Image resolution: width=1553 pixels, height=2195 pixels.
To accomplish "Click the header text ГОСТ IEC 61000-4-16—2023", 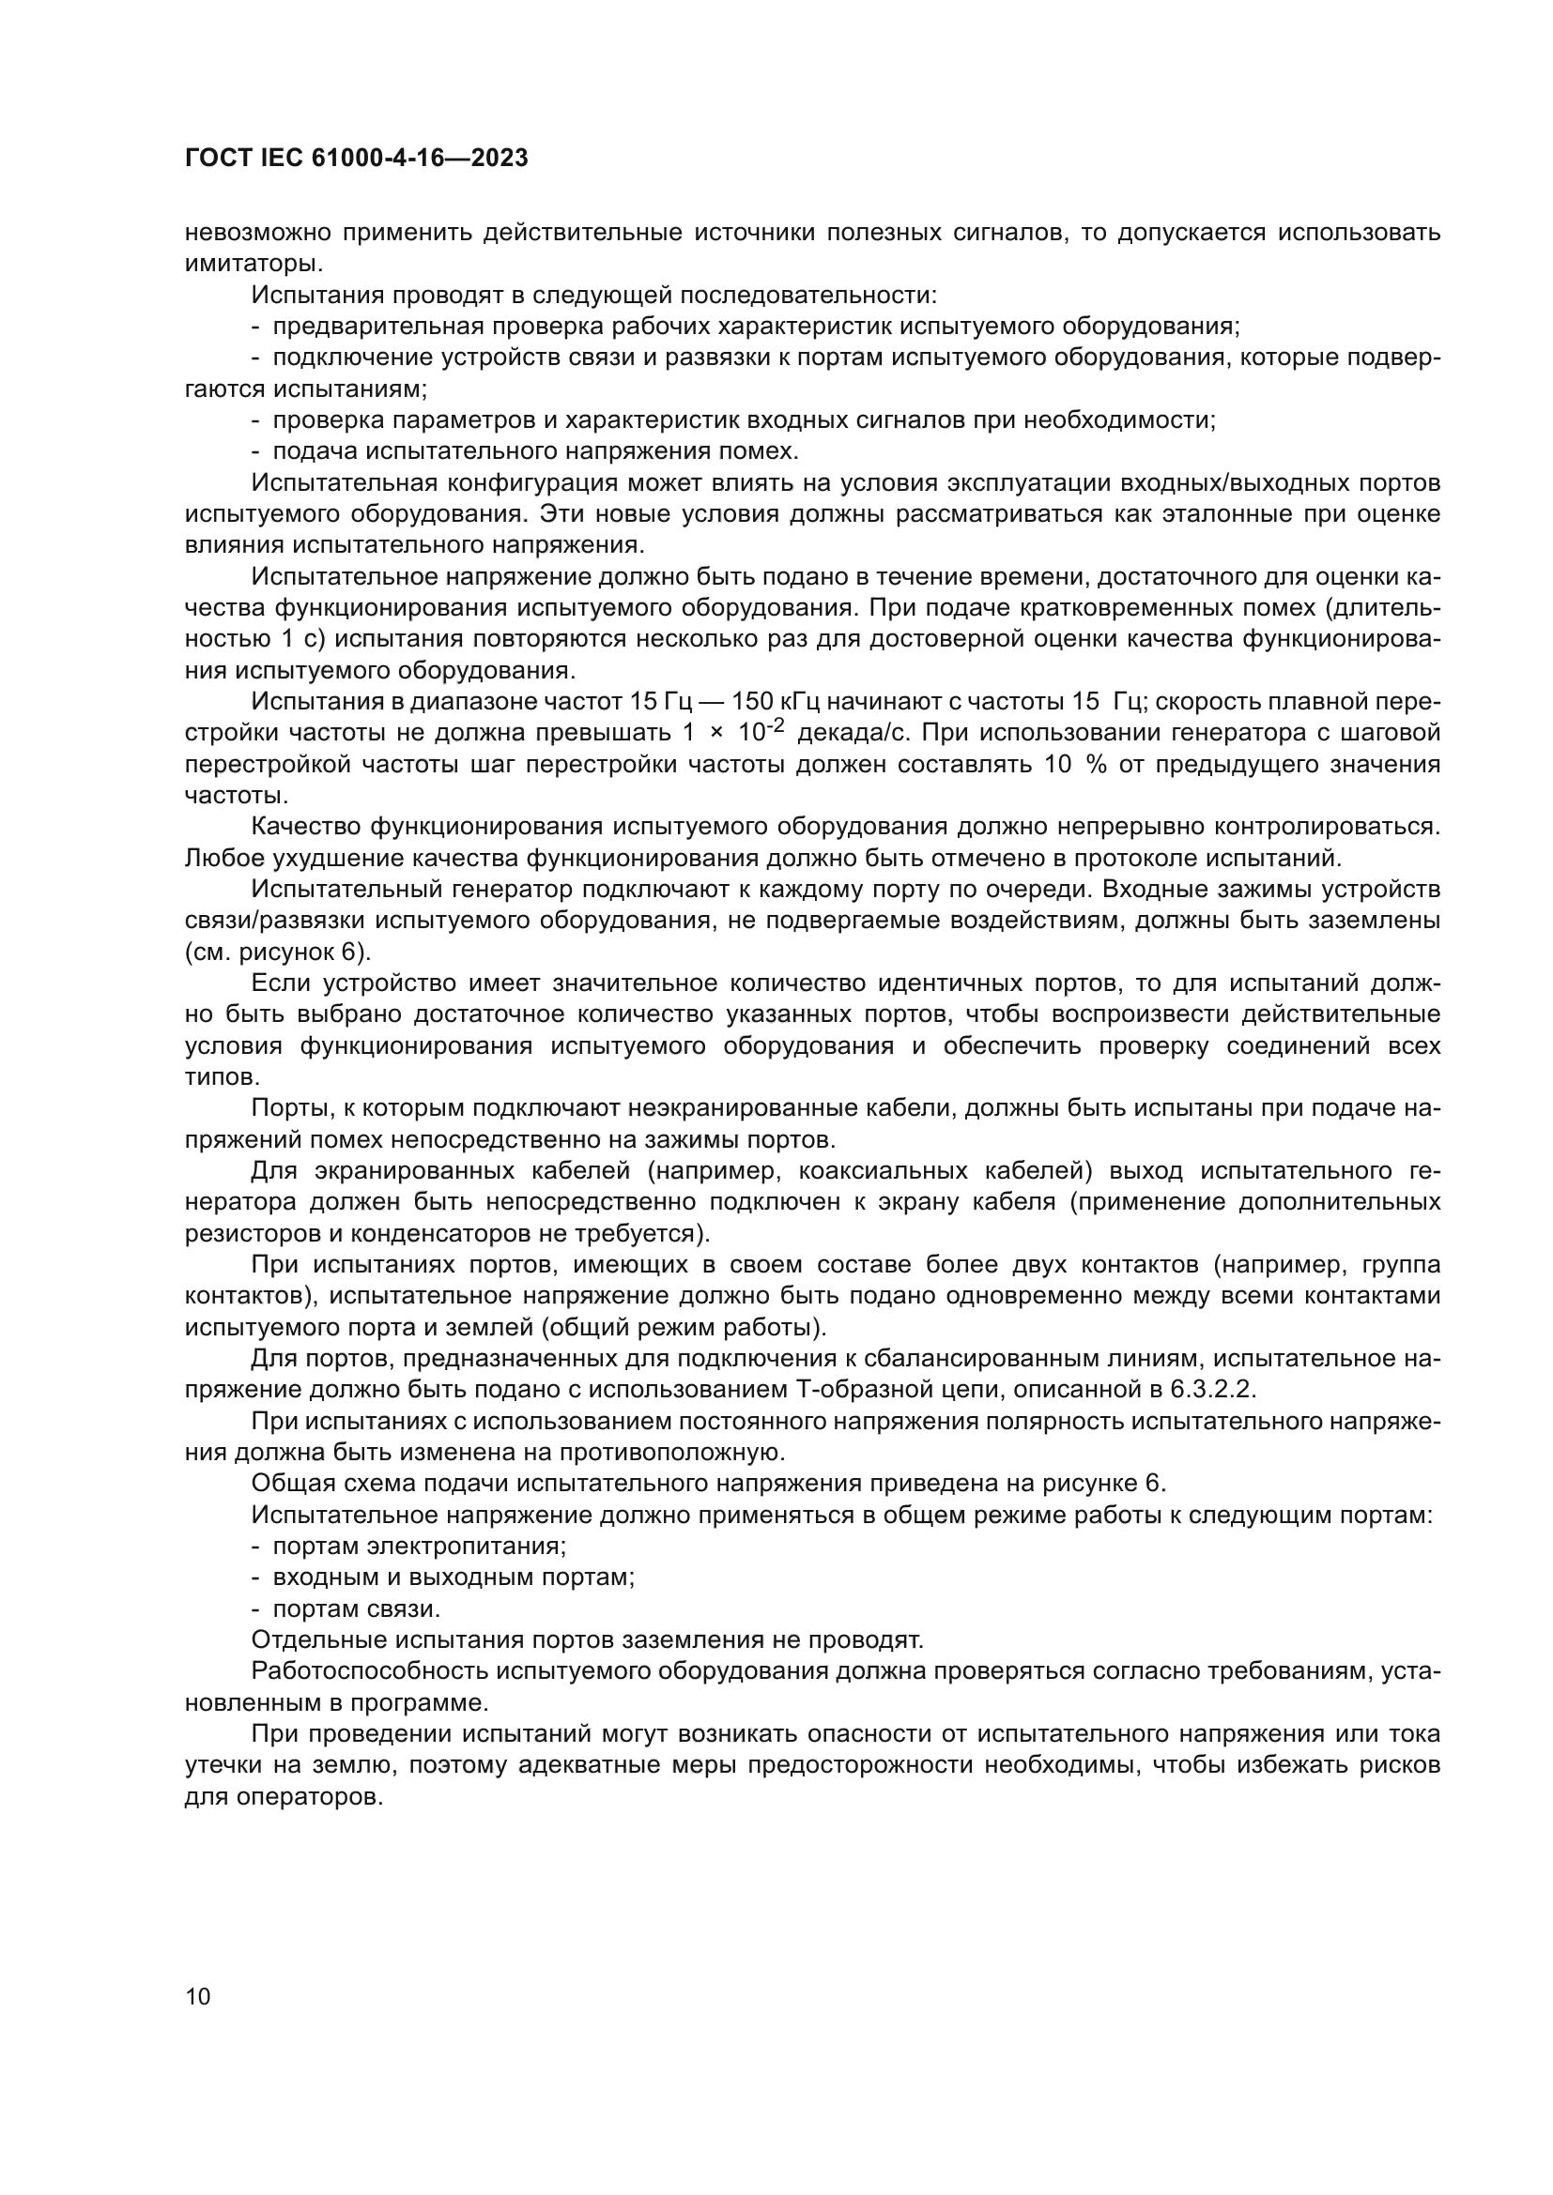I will [x=356, y=159].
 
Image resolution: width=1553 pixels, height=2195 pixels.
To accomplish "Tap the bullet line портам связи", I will [x=356, y=1609].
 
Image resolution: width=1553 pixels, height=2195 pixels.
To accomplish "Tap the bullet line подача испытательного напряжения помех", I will [x=535, y=451].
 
